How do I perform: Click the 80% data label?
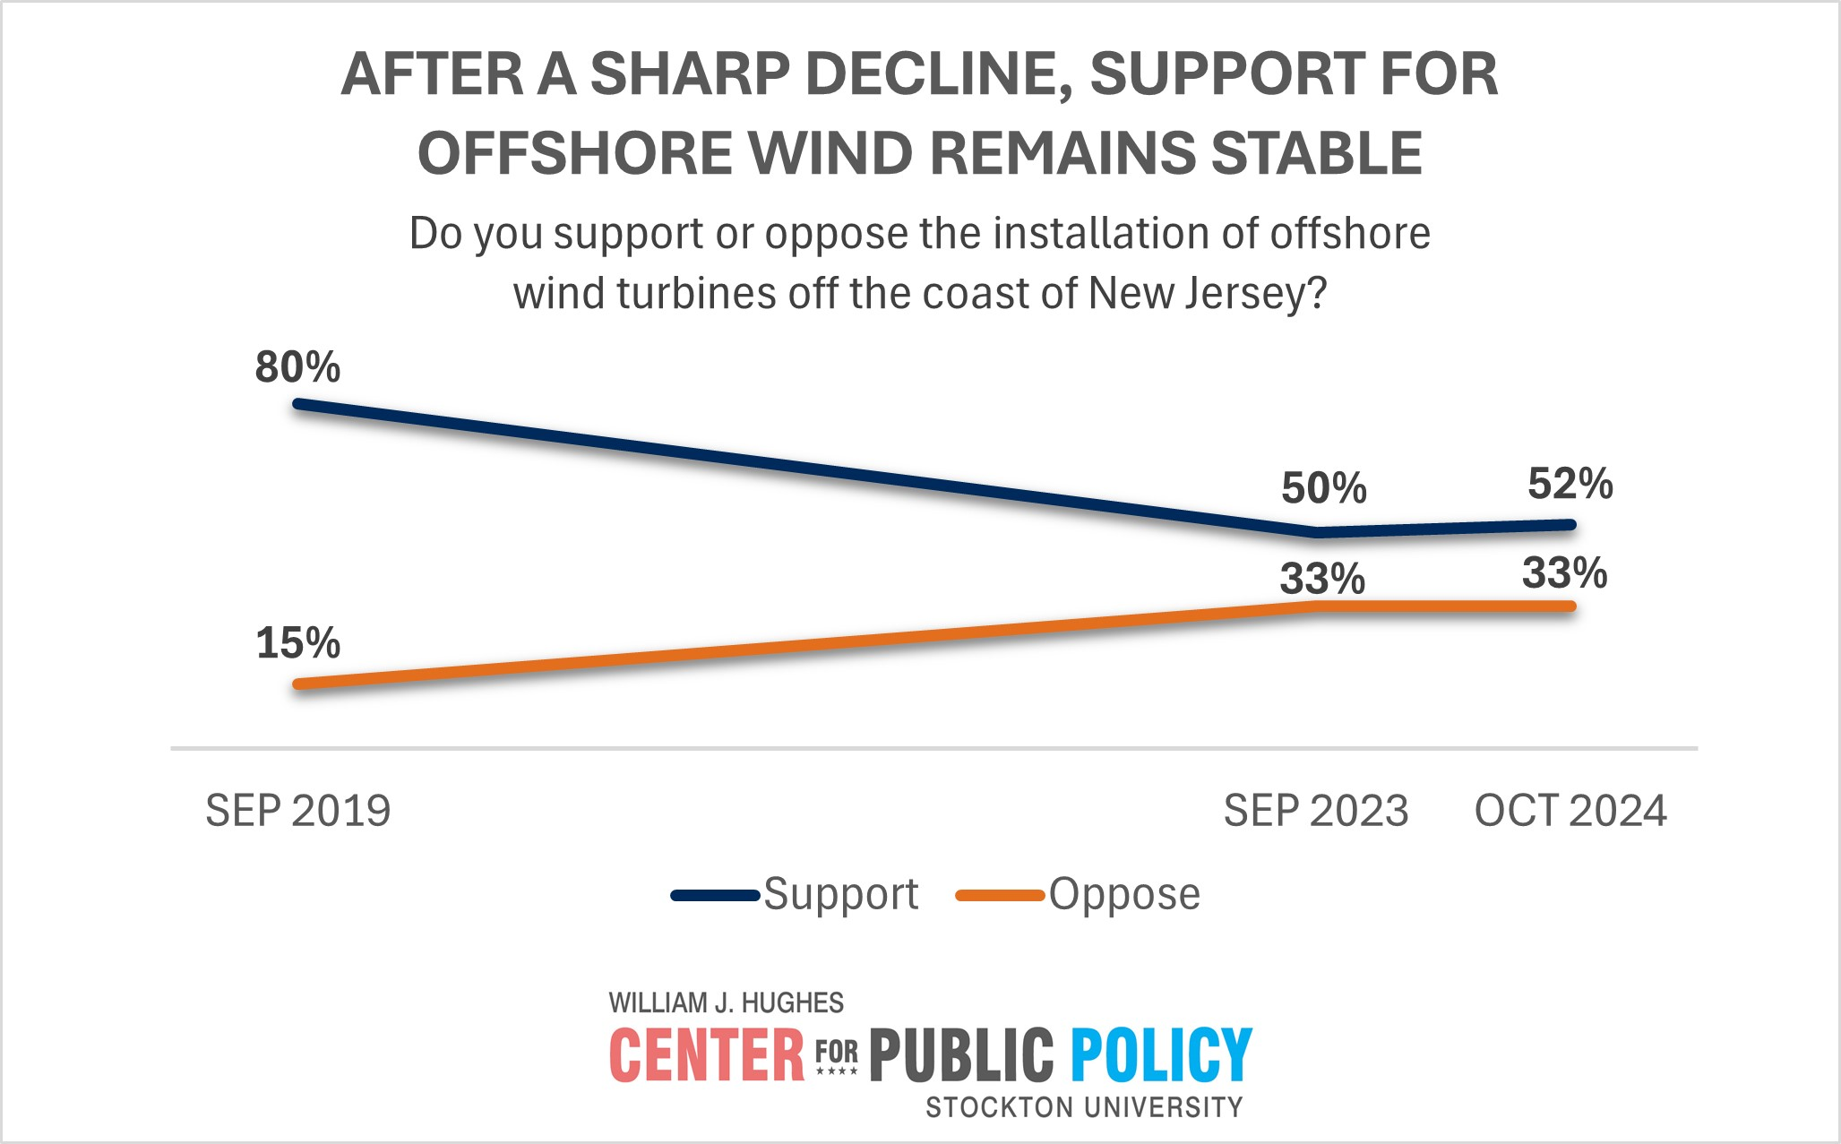297,367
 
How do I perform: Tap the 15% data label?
297,643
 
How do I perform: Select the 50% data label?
1323,488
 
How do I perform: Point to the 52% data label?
1570,484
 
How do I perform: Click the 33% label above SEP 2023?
1321,579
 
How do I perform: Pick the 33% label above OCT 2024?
1564,573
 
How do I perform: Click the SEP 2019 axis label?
297,811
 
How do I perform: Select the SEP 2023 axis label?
1315,811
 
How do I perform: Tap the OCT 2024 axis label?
1570,811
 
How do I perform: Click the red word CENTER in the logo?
707,1055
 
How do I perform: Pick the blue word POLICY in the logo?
1161,1055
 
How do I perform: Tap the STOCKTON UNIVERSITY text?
1084,1108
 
